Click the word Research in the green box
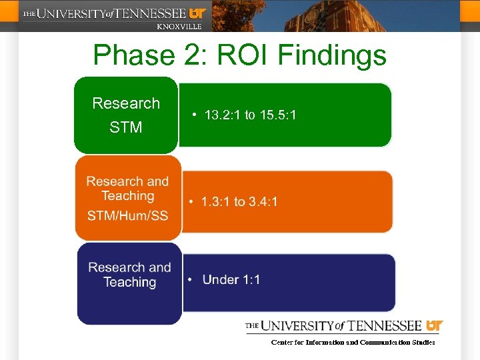coord(126,103)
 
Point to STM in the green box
coord(126,127)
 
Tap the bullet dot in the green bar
coord(193,115)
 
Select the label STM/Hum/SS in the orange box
coord(127,216)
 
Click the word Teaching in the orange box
coord(127,196)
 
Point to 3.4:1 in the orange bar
coord(263,201)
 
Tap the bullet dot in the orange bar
coord(191,201)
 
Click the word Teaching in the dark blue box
coord(129,282)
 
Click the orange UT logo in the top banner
coord(198,13)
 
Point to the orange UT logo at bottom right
coord(434,326)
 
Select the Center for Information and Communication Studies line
coord(353,342)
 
